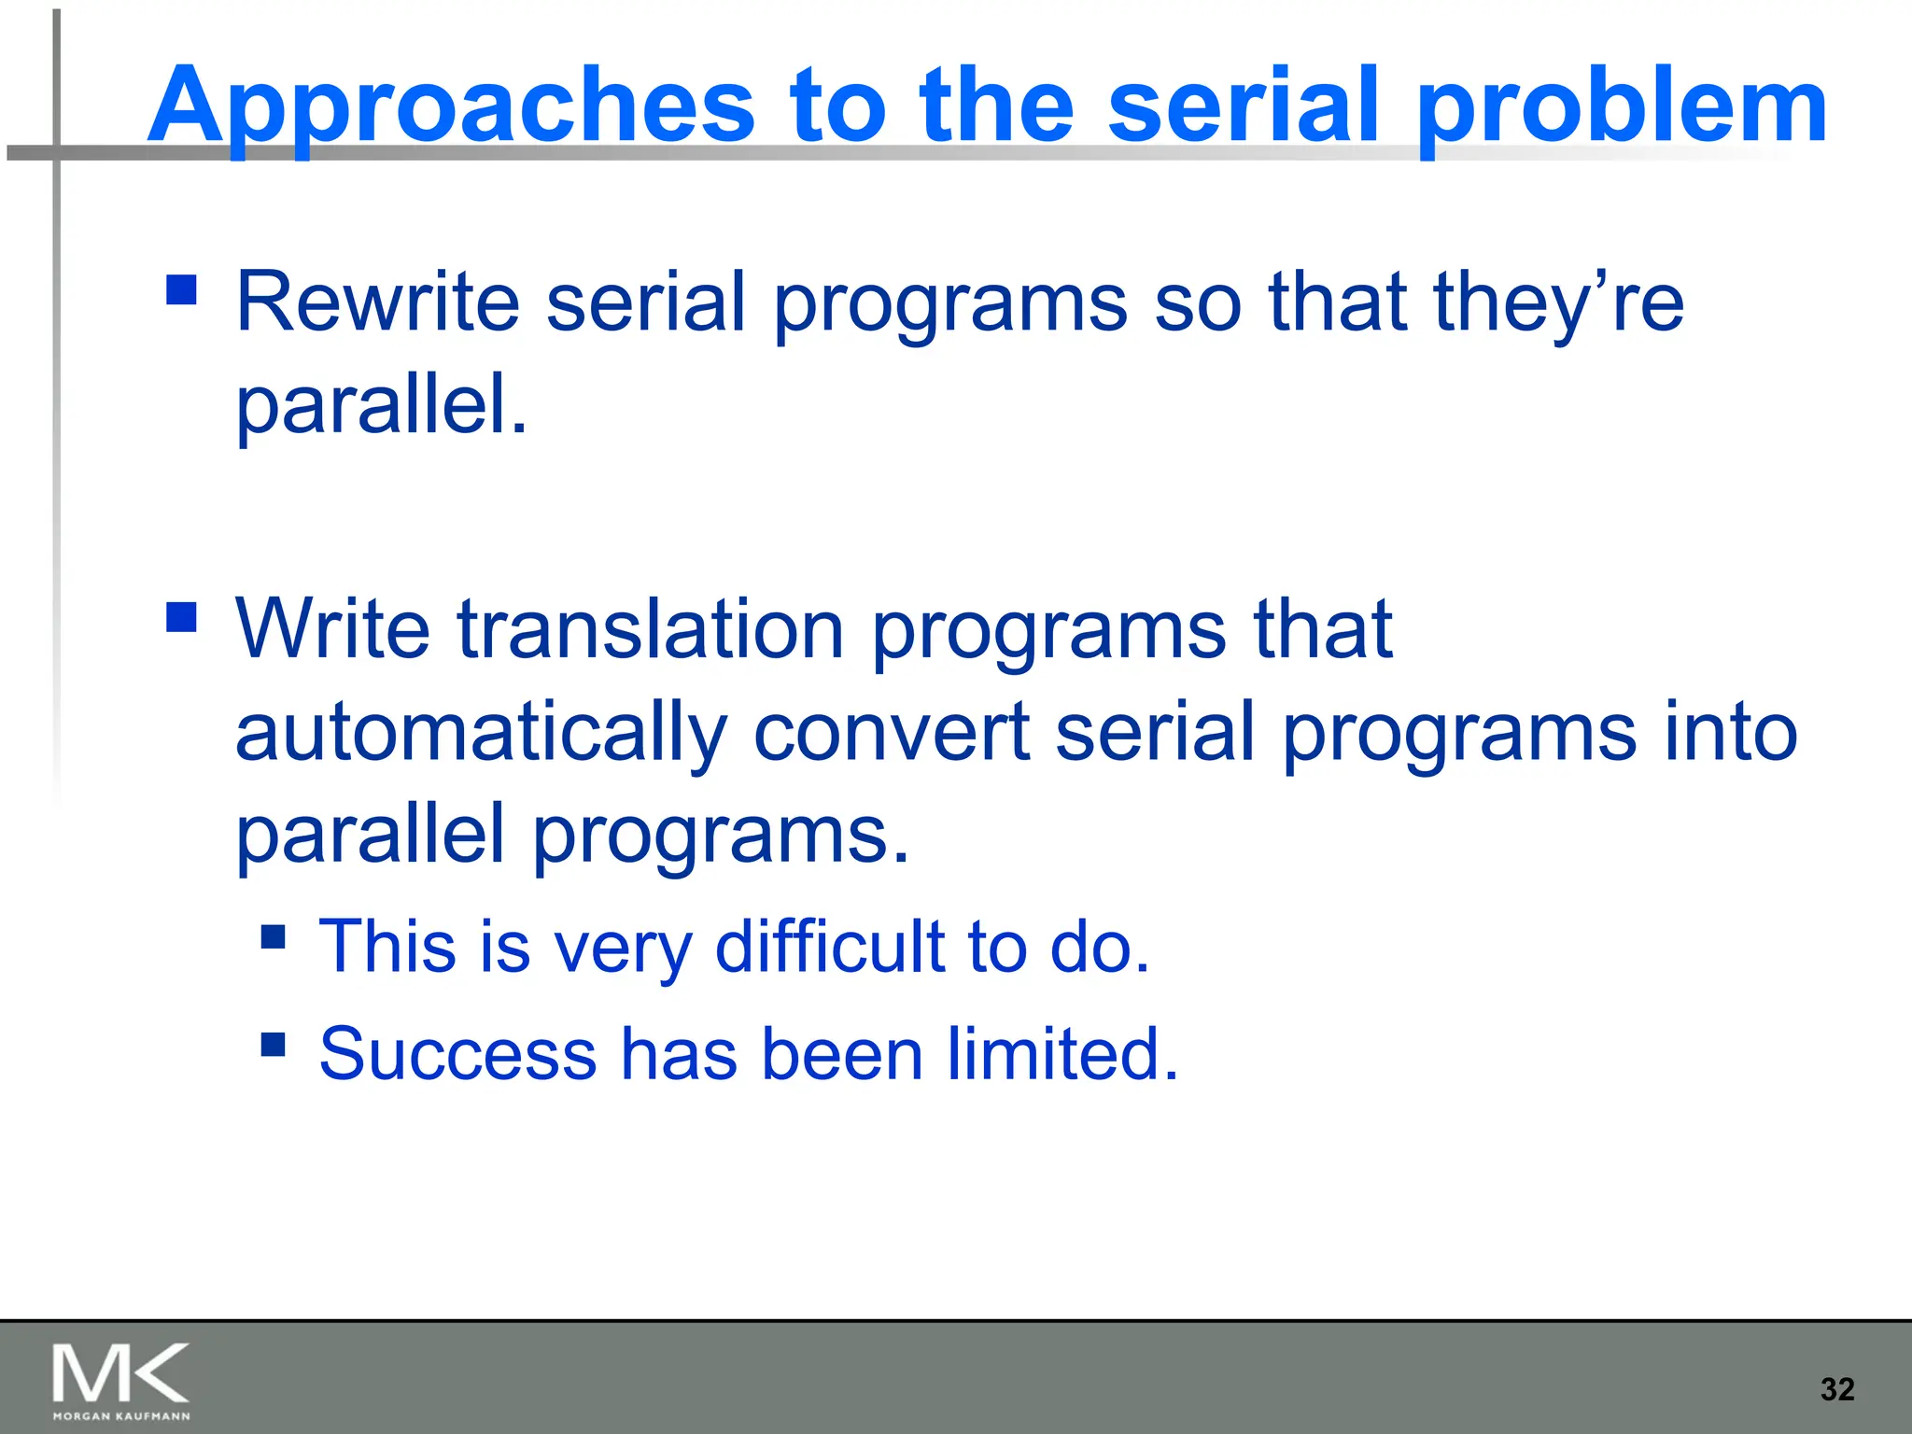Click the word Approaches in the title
pos(450,107)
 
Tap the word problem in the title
pos(1621,107)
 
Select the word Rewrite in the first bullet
pos(377,302)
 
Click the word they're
pos(1558,302)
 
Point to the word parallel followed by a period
pos(381,404)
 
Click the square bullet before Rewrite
pos(181,289)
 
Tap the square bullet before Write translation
pos(181,617)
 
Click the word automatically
pos(481,732)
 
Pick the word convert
pos(891,732)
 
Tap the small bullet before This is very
pos(273,935)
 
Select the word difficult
pos(830,947)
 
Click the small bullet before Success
pos(273,1043)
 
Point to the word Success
pos(457,1054)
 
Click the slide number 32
pos(1836,1389)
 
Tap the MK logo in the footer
pos(121,1373)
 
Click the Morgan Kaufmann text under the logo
pos(121,1416)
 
